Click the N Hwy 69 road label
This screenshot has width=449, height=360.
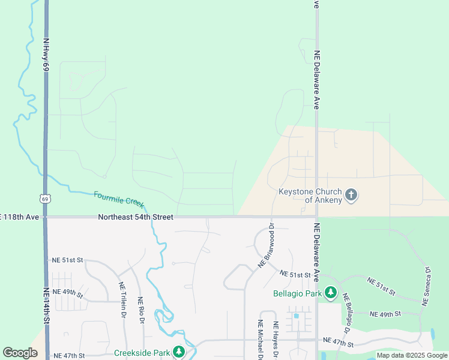coord(46,55)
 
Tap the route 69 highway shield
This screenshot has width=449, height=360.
coord(45,199)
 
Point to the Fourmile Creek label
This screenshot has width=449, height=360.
coord(118,199)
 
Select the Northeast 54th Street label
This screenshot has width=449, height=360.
coord(136,217)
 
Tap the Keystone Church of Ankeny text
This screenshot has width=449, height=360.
coord(310,196)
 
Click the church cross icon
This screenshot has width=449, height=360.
coord(351,195)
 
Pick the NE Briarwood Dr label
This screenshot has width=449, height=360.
coord(266,245)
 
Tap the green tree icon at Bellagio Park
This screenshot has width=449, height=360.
coord(331,293)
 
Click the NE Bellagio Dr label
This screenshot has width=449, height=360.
coord(348,316)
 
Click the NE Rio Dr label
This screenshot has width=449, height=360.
coord(142,310)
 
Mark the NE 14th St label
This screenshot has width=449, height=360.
coord(46,306)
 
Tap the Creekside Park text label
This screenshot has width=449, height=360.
coord(142,353)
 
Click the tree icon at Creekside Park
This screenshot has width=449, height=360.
coord(178,352)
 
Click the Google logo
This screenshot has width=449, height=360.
coord(20,353)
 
